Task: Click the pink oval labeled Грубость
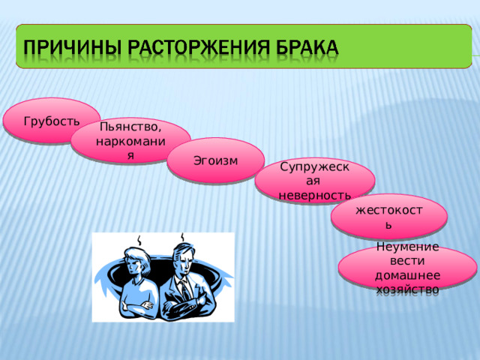(x=52, y=121)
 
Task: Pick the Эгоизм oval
(x=215, y=160)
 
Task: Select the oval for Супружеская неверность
(x=314, y=180)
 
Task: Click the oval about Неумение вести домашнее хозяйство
(x=407, y=268)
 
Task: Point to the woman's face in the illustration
(x=139, y=262)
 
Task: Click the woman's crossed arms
(x=139, y=304)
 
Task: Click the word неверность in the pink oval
(x=314, y=195)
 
